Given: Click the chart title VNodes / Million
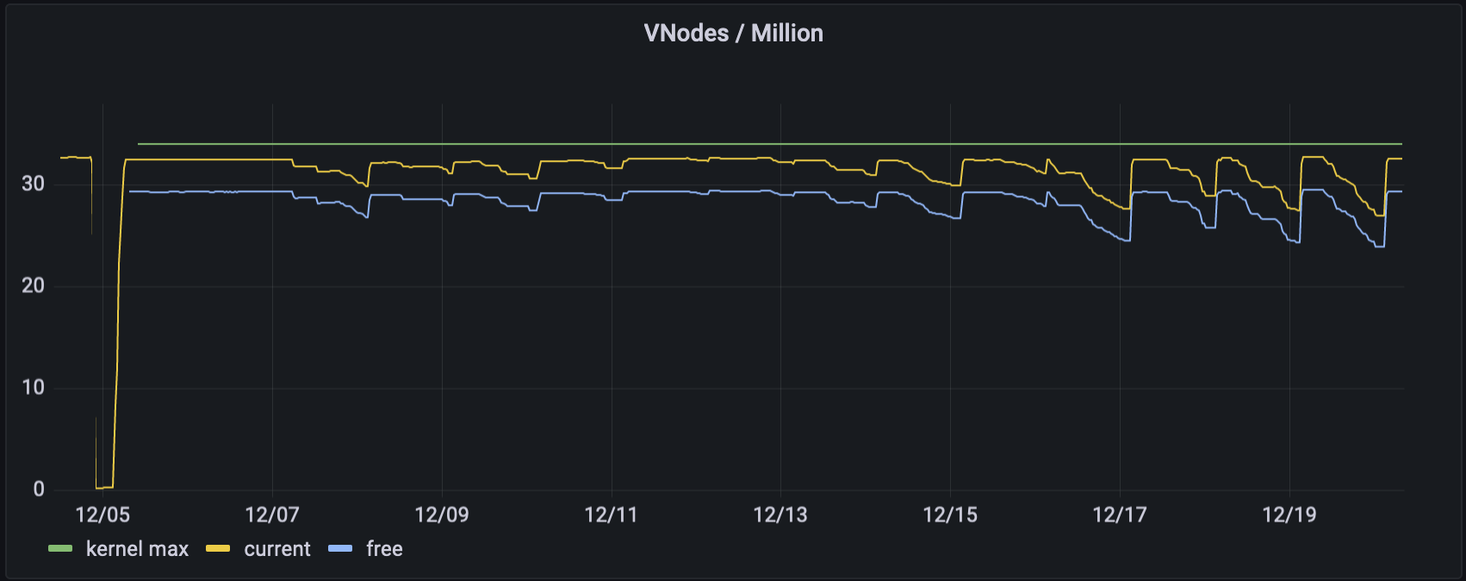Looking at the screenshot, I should pyautogui.click(x=733, y=33).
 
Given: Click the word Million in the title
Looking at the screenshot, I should pyautogui.click(x=786, y=33).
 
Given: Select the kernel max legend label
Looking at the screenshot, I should pyautogui.click(x=137, y=549).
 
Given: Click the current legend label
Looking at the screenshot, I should pyautogui.click(x=276, y=549).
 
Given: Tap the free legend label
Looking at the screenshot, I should pyautogui.click(x=384, y=549).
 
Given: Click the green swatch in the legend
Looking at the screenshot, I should pyautogui.click(x=60, y=549).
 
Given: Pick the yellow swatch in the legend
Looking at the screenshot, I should pyautogui.click(x=218, y=549).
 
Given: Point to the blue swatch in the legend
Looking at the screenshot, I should pyautogui.click(x=340, y=549).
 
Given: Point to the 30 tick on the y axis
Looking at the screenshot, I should pyautogui.click(x=33, y=184).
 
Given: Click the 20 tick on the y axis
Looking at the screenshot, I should pyautogui.click(x=33, y=285).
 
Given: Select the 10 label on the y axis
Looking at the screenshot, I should pyautogui.click(x=33, y=387).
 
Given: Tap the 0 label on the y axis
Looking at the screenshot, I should pyautogui.click(x=39, y=489).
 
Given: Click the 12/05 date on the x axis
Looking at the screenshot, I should pyautogui.click(x=102, y=515).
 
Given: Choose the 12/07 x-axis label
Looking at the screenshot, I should pyautogui.click(x=272, y=515).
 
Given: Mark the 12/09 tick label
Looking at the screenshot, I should pyautogui.click(x=442, y=515).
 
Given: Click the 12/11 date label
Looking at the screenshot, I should pyautogui.click(x=611, y=515).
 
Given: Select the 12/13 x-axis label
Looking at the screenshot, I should pyautogui.click(x=780, y=515).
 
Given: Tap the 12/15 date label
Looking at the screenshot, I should pyautogui.click(x=950, y=515).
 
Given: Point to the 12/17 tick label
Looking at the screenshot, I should pyautogui.click(x=1120, y=515).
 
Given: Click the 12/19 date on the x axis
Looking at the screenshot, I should pyautogui.click(x=1289, y=515).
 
